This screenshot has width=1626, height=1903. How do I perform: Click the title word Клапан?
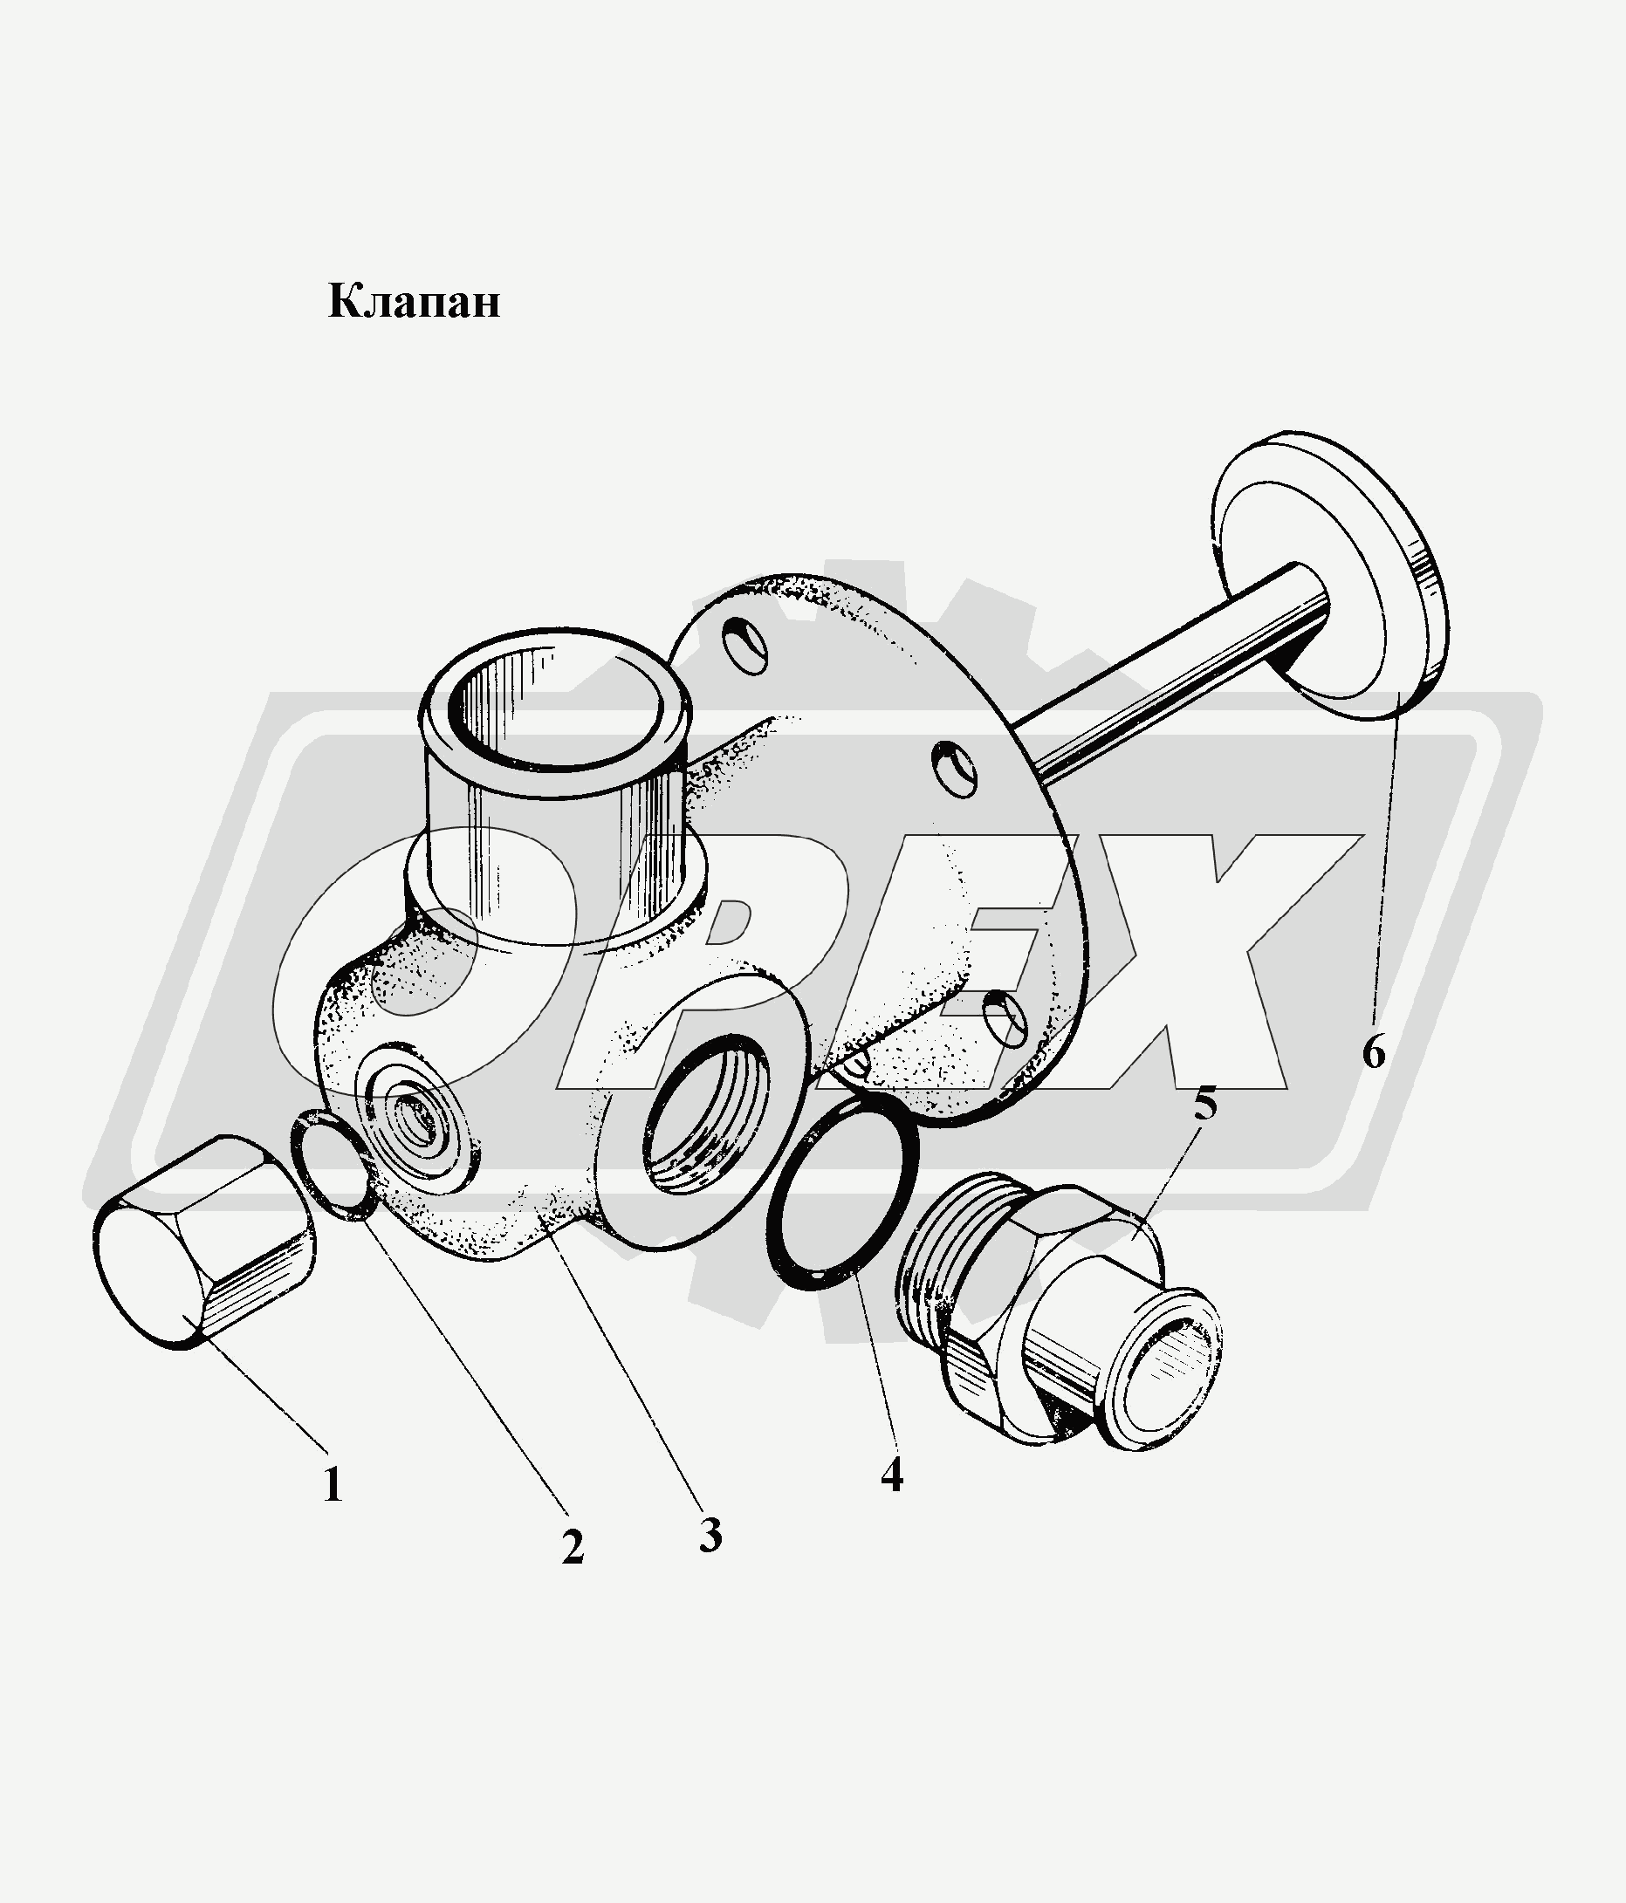[x=415, y=301]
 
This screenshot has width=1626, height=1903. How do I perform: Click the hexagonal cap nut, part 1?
[x=204, y=1242]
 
